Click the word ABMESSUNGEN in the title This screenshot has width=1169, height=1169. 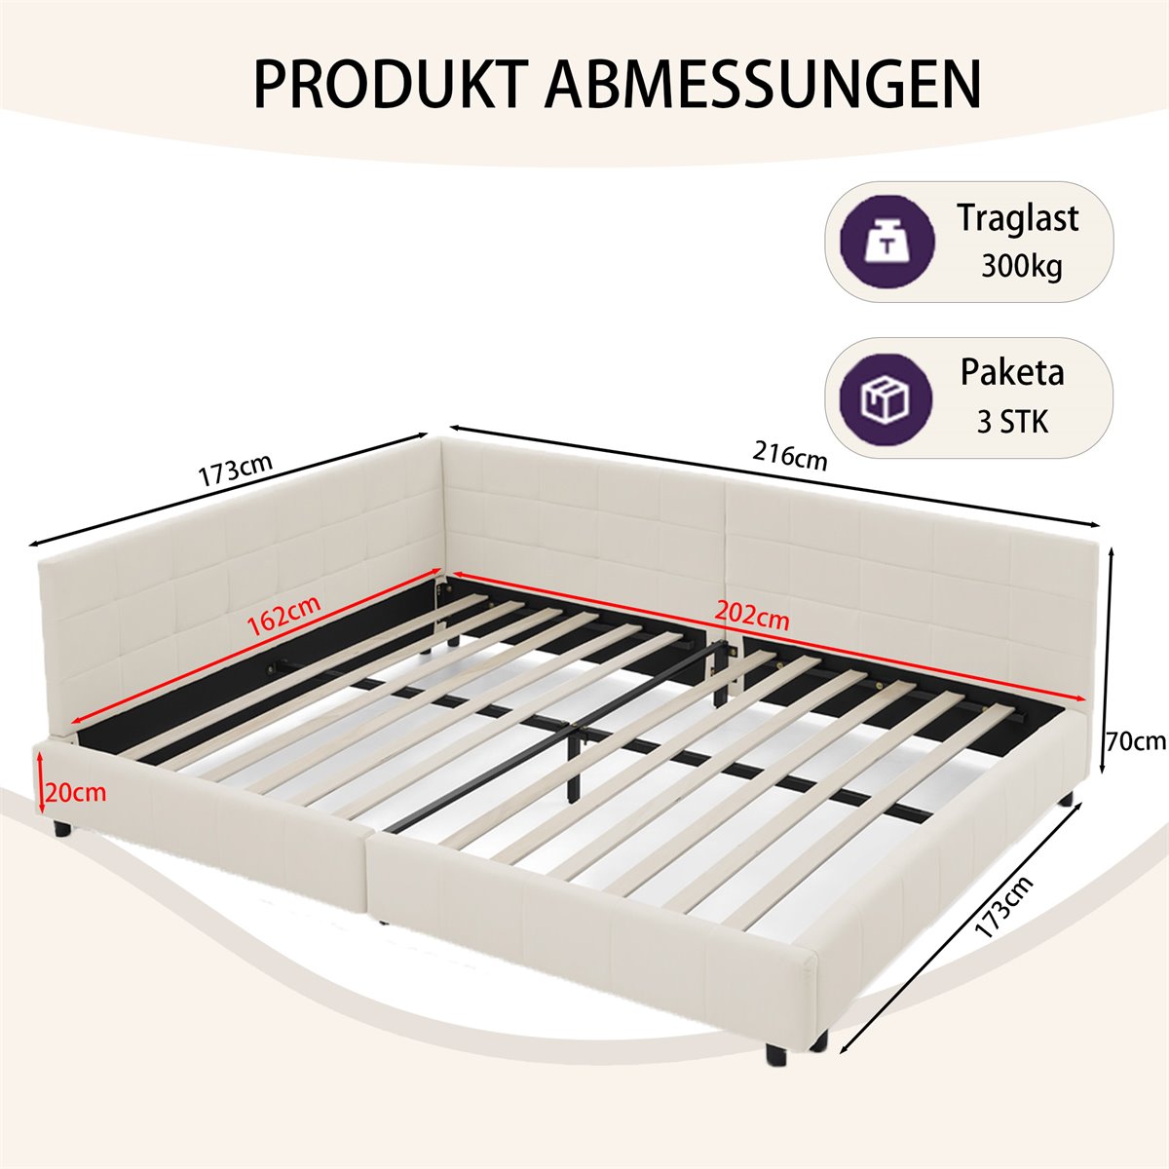tap(763, 83)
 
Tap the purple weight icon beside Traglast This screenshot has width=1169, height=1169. tap(886, 242)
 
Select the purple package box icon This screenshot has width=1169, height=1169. tap(886, 398)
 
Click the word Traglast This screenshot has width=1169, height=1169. tap(1018, 218)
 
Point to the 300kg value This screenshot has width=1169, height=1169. tap(1022, 266)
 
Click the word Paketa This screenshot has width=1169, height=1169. tap(1012, 372)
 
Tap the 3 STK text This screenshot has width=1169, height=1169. tap(1012, 422)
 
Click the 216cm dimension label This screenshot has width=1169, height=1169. tap(790, 455)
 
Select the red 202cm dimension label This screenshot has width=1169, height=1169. tap(752, 615)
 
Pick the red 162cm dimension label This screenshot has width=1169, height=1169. tap(283, 615)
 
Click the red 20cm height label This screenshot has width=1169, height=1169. tap(76, 793)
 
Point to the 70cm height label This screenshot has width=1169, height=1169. tap(1136, 741)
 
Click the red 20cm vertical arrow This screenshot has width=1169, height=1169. tap(40, 782)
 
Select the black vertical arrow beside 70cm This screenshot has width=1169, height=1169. tap(1112, 661)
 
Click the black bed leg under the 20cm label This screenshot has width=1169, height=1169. tap(62, 829)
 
